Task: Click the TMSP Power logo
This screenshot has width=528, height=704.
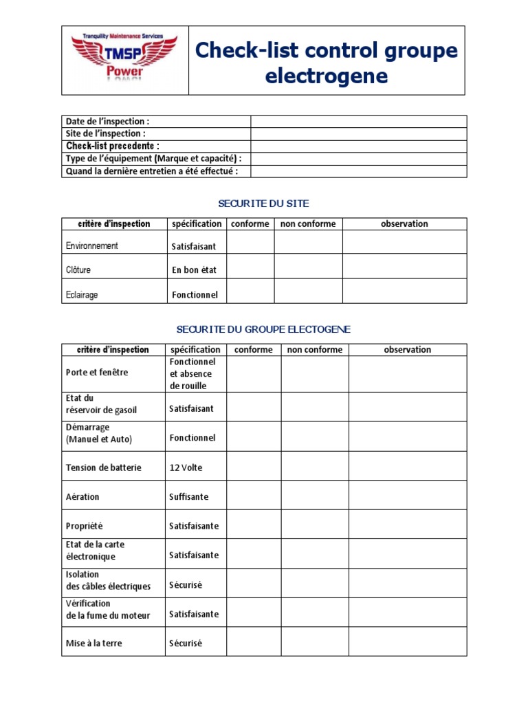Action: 125,59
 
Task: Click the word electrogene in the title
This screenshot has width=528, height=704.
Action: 327,76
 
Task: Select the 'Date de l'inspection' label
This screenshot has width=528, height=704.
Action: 107,122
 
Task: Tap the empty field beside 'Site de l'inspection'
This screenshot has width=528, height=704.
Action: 358,134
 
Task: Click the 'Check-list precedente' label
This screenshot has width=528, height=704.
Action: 113,146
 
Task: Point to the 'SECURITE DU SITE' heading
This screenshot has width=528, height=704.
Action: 263,203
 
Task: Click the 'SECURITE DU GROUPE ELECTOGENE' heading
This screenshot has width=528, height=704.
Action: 263,330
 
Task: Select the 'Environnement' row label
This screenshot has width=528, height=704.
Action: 92,245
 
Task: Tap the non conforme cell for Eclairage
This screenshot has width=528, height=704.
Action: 308,291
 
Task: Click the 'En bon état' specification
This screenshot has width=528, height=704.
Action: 195,270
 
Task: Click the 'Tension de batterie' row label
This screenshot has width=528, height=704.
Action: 104,467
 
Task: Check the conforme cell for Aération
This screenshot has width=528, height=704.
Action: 253,495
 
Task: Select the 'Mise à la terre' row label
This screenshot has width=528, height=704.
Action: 94,643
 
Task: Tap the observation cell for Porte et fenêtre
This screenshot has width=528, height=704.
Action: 407,374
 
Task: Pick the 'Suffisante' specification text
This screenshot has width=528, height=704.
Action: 189,496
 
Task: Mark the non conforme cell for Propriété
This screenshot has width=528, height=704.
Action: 314,525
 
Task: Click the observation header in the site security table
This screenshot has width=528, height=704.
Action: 404,224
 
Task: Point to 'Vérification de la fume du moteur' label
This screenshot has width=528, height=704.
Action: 108,610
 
